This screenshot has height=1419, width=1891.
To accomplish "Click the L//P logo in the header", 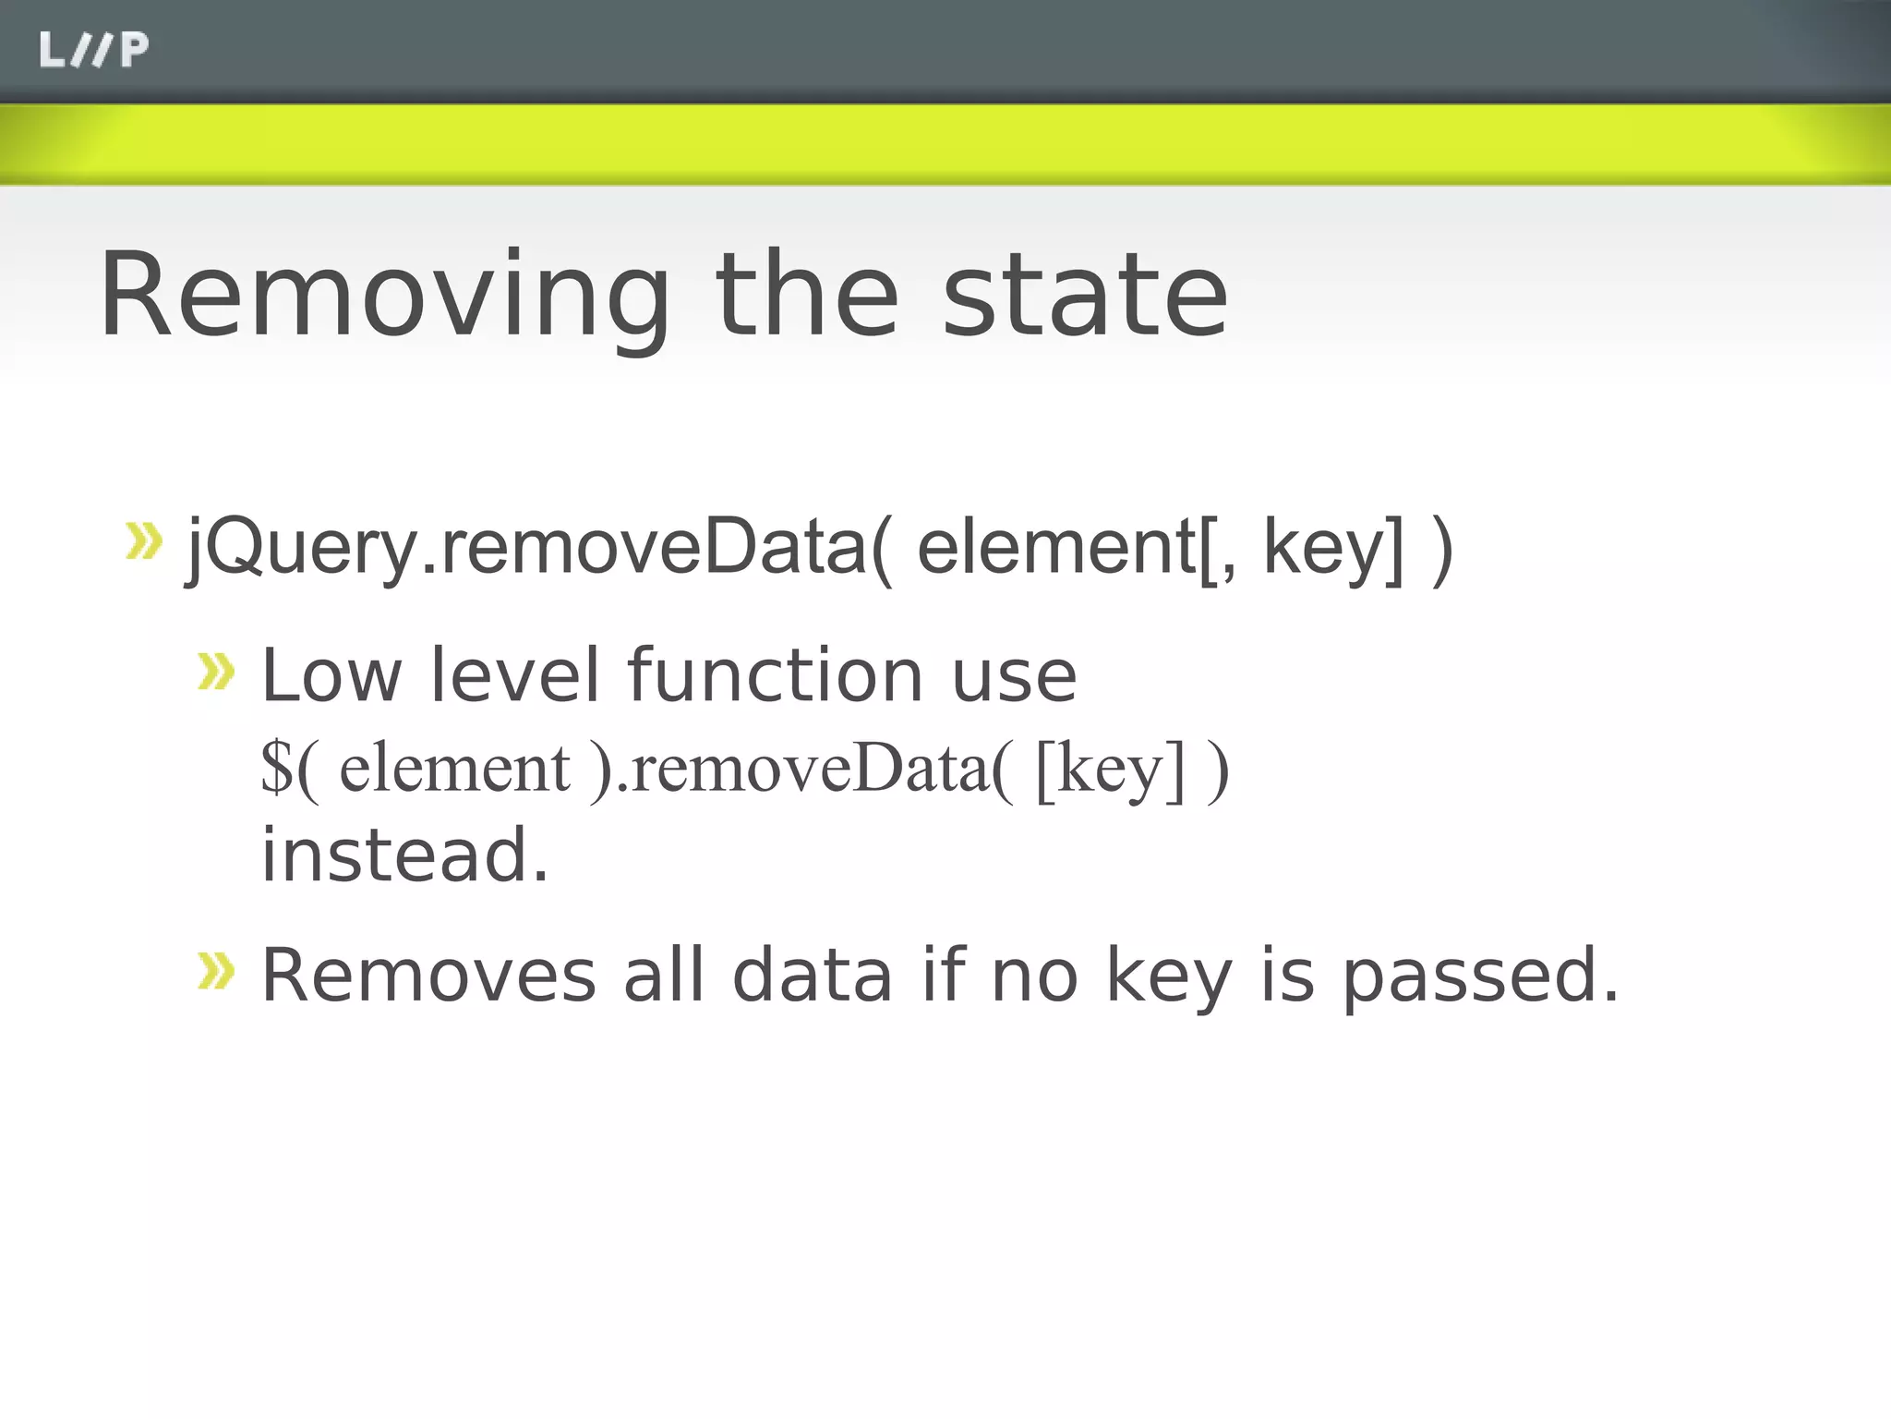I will tap(93, 50).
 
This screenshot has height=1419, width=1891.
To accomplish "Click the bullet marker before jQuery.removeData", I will tap(143, 541).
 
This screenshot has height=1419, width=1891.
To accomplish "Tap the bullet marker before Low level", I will tap(216, 672).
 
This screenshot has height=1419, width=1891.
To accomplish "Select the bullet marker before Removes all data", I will tap(216, 971).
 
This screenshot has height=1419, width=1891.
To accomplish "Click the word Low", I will tap(331, 675).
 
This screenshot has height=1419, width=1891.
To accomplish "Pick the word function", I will tap(776, 675).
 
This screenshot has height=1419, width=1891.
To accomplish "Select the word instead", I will tap(404, 855).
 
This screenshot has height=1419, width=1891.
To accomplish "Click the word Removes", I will tap(428, 976).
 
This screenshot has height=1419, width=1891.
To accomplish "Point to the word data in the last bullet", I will tap(813, 976).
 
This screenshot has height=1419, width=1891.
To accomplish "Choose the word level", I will tap(515, 675).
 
